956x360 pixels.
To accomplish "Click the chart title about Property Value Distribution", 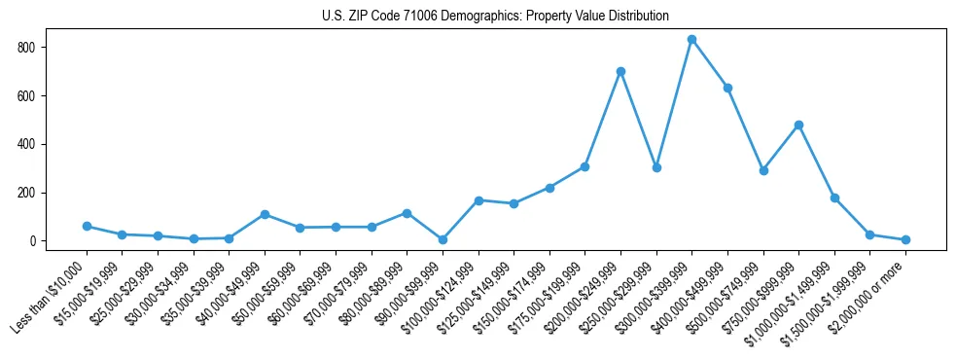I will pyautogui.click(x=496, y=16).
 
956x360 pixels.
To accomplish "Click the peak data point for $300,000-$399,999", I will pyautogui.click(x=691, y=40).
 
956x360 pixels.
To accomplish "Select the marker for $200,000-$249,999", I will pyautogui.click(x=620, y=71).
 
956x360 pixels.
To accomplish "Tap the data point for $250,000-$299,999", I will pyautogui.click(x=656, y=167).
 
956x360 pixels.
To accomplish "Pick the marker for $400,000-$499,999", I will pyautogui.click(x=727, y=88).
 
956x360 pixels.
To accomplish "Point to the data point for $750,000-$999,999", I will pyautogui.click(x=798, y=125).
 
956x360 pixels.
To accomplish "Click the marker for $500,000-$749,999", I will pyautogui.click(x=763, y=170).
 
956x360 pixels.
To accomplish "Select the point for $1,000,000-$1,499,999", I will pyautogui.click(x=834, y=198).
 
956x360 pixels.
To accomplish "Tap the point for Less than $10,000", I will pyautogui.click(x=87, y=226).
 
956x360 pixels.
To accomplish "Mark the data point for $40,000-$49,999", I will pyautogui.click(x=265, y=214).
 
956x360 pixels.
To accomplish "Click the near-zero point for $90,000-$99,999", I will pyautogui.click(x=443, y=239).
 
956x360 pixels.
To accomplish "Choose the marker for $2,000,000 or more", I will pyautogui.click(x=905, y=239).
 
